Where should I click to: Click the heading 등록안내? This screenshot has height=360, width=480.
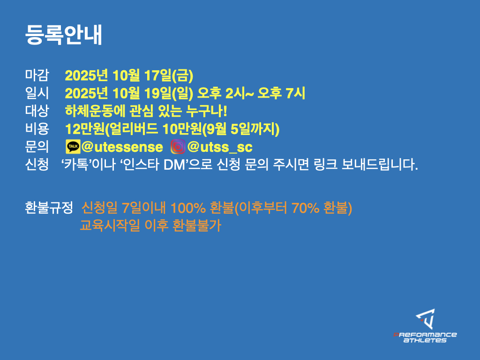click(x=63, y=35)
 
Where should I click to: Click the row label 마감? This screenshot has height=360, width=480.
click(x=37, y=75)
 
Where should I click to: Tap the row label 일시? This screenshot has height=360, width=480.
click(x=37, y=93)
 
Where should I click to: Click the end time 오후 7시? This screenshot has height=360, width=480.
click(x=281, y=93)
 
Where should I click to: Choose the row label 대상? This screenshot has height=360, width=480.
click(x=37, y=111)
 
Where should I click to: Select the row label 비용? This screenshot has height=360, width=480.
click(x=37, y=128)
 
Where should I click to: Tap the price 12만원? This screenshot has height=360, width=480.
click(x=85, y=128)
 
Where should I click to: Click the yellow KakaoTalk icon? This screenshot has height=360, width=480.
click(x=73, y=147)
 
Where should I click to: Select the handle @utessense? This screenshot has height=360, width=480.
click(x=122, y=147)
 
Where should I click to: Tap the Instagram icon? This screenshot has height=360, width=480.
click(x=178, y=147)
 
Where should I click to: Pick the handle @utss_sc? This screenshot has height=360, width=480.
click(x=220, y=147)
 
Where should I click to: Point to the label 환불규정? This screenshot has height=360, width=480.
click(x=49, y=208)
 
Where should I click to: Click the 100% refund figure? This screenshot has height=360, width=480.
click(x=188, y=208)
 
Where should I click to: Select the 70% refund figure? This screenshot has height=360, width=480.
click(x=306, y=208)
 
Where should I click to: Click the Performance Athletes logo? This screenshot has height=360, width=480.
click(x=425, y=326)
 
